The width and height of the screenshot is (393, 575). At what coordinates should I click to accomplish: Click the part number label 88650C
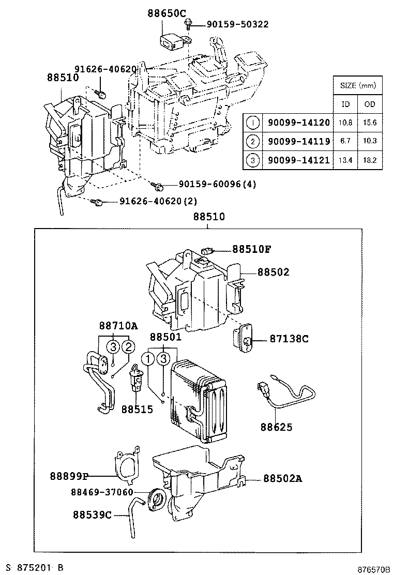pos(168,14)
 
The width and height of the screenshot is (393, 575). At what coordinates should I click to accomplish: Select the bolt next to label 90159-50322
pos(190,23)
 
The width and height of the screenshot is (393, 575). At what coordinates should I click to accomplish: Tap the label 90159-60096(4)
pos(218,184)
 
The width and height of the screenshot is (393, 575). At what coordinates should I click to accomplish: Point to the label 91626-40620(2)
pos(158,201)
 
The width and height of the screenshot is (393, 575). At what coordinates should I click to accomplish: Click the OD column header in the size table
pos(370,104)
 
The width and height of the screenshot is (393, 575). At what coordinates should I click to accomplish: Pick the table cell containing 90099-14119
pos(298,141)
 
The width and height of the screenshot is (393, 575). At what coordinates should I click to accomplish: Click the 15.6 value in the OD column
pos(370,123)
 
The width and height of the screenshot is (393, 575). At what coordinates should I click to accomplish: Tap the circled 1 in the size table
pos(252,123)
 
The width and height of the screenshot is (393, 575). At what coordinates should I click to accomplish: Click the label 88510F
pos(251,249)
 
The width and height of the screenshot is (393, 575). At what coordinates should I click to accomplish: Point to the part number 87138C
pos(289,339)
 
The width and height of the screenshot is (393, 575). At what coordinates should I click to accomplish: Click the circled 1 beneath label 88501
pos(149,358)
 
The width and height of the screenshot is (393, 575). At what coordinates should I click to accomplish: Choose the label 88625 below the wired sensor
pos(276,427)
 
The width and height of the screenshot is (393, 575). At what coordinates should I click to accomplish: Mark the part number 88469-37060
pos(102,492)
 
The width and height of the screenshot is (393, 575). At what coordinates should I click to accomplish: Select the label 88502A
pos(282,478)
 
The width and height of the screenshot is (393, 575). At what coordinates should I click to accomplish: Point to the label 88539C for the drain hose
pos(92,515)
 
